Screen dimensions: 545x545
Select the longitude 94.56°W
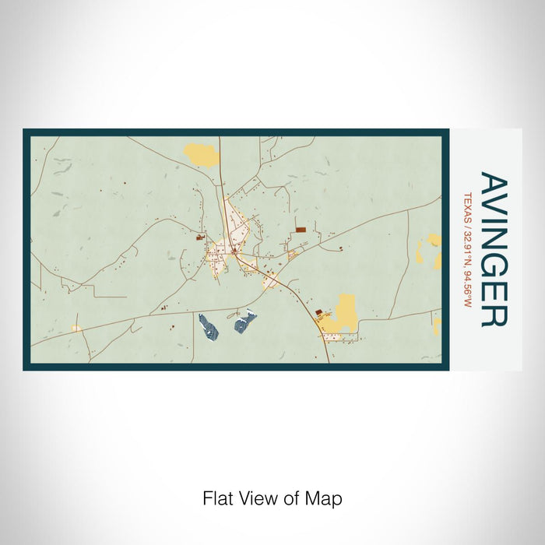(468, 287)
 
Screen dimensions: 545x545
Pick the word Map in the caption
(326, 498)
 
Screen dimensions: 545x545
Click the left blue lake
(208, 325)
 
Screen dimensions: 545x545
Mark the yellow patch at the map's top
(201, 154)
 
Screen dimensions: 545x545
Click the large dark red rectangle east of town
(301, 230)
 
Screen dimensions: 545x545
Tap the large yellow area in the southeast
(340, 314)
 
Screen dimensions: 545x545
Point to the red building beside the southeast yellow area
(318, 312)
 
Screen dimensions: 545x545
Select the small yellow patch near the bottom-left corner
(76, 329)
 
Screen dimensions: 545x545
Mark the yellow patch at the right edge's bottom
(437, 324)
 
